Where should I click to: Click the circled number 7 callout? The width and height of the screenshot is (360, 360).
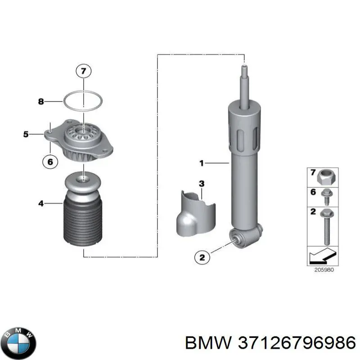click(x=84, y=71)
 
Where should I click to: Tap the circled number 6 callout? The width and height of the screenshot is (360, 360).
click(x=50, y=162)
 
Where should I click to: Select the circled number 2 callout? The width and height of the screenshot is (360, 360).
click(x=202, y=257)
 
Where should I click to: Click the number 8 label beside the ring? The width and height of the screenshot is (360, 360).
click(x=41, y=101)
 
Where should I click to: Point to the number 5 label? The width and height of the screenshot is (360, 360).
click(x=26, y=134)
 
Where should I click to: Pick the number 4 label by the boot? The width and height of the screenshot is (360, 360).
click(x=41, y=203)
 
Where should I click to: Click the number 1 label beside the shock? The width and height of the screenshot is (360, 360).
click(x=202, y=163)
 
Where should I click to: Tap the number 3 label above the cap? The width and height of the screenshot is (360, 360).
click(x=202, y=184)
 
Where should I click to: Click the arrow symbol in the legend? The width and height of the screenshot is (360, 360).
click(x=323, y=256)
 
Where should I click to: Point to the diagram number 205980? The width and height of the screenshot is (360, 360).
click(x=324, y=270)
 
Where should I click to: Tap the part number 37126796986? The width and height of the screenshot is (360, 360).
click(x=297, y=343)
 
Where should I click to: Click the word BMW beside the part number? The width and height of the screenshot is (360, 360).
click(x=208, y=343)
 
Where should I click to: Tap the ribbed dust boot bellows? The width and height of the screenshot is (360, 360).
click(x=83, y=224)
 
